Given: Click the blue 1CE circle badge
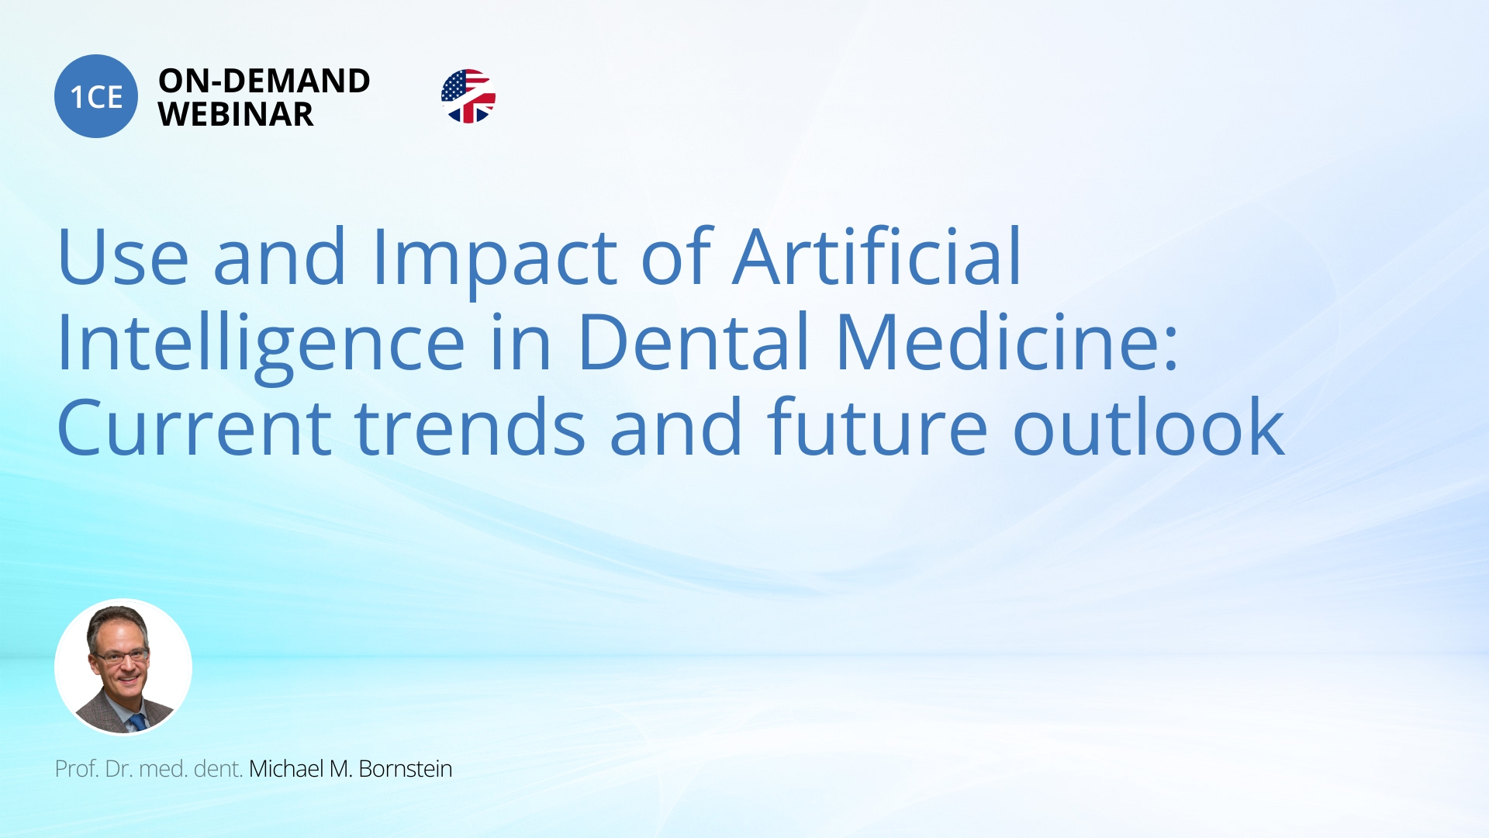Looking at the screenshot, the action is click(96, 96).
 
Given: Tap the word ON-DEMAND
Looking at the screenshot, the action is click(264, 81).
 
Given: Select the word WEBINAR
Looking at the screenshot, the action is click(236, 115).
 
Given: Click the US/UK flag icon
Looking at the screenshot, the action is click(468, 96).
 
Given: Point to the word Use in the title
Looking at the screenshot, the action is click(123, 257).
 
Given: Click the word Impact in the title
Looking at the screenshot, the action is click(495, 260).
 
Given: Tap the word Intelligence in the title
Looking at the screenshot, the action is click(261, 345).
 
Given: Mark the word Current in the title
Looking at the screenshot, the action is click(195, 428).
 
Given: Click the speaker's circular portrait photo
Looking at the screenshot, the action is click(123, 667).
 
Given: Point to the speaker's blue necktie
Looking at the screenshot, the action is click(137, 722).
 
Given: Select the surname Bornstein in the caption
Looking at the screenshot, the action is click(406, 769).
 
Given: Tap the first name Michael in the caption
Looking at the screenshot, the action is click(286, 769).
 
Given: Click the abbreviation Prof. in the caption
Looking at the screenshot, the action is click(77, 769).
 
